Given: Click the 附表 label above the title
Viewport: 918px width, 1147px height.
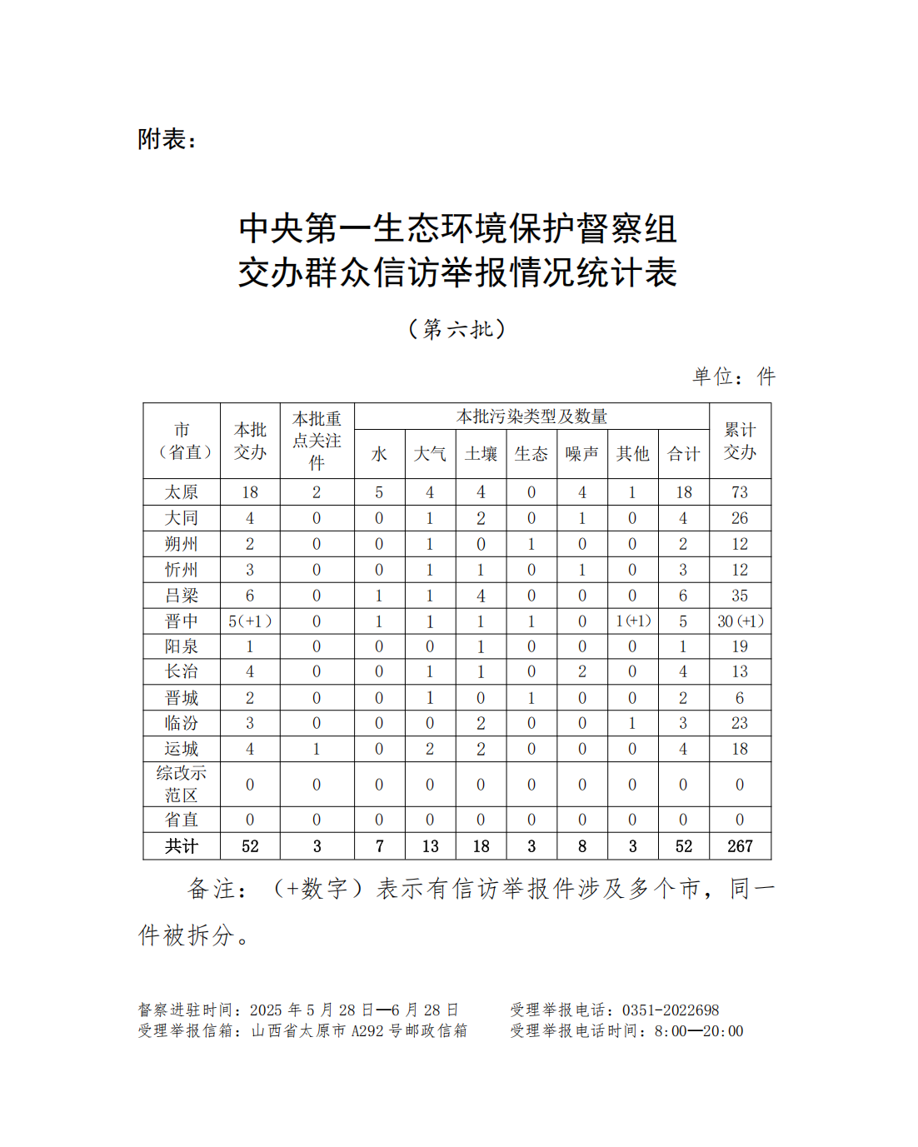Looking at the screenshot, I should (x=167, y=139).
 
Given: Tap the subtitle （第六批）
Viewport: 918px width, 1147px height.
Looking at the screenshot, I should (x=457, y=329).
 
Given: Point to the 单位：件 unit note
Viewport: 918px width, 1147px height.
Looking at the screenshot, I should (x=733, y=377).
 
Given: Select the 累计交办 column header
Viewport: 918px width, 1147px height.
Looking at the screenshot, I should (x=740, y=441).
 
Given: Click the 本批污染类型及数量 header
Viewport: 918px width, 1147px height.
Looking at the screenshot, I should (x=531, y=416).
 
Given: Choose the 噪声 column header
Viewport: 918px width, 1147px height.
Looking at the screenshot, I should (x=581, y=454).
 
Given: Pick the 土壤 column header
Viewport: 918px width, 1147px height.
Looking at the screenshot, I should (x=481, y=454).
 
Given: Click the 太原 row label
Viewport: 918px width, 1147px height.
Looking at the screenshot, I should (x=182, y=492).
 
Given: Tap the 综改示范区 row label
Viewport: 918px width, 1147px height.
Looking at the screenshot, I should (x=182, y=784).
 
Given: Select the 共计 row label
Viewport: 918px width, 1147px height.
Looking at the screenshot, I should (x=182, y=846).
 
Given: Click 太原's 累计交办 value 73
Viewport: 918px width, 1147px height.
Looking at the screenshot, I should (x=740, y=492).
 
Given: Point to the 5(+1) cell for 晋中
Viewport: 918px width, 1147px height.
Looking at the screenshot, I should (x=250, y=621).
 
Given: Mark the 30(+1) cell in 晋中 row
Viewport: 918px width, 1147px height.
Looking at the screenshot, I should (x=740, y=621).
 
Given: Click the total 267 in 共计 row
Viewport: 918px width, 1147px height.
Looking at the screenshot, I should (x=740, y=846).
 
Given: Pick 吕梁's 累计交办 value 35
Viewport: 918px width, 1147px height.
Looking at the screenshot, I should (x=740, y=596).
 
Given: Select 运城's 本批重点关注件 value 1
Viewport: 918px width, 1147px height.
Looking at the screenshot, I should (x=317, y=749).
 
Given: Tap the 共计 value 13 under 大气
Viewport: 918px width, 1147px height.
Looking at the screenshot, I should (x=430, y=846).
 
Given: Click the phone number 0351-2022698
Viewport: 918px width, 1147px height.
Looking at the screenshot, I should (x=671, y=1010).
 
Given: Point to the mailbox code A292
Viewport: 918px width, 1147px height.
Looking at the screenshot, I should (x=368, y=1031).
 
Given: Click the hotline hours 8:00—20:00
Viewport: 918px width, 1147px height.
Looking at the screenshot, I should (x=699, y=1031).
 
